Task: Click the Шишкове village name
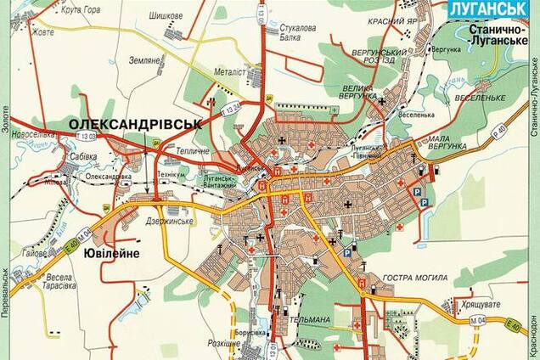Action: (x=167, y=14)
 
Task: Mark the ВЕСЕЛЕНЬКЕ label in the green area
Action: (x=481, y=97)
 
